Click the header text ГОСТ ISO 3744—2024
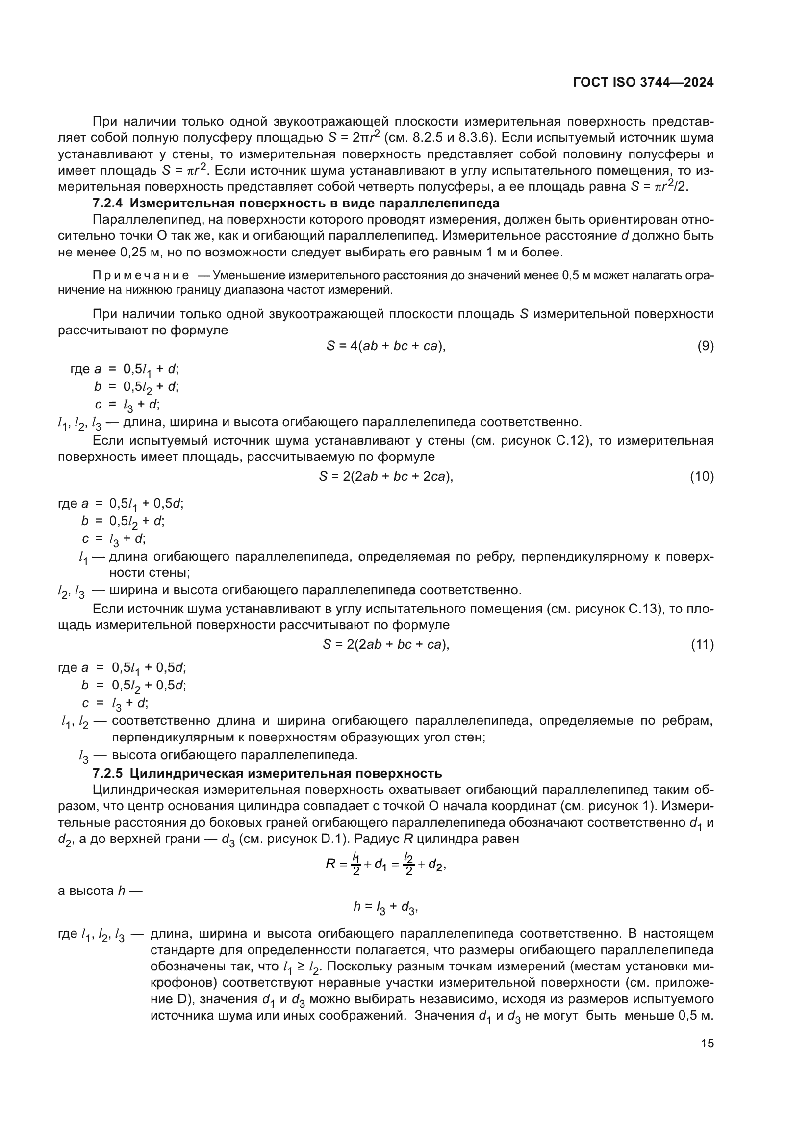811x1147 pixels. pos(643,83)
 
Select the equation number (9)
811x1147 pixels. pos(705,346)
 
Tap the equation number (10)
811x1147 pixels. pos(702,477)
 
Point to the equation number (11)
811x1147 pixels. pos(702,645)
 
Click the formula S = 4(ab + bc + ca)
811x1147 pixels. pos(385,346)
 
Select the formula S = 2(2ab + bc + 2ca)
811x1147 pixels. pos(385,477)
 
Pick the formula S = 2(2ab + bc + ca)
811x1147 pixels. pos(385,645)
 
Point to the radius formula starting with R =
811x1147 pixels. pos(385,864)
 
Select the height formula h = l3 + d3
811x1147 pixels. pos(385,907)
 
